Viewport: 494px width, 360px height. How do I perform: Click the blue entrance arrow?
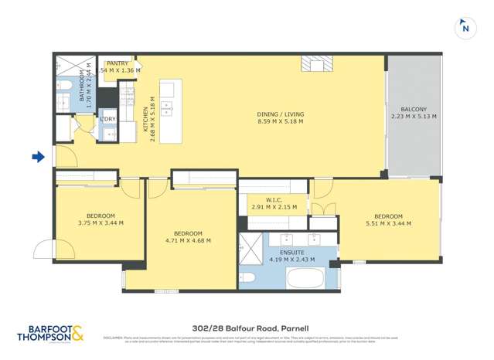[x=38, y=158]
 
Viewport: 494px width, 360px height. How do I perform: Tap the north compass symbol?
[x=465, y=28]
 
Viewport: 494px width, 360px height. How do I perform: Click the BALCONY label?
[x=414, y=110]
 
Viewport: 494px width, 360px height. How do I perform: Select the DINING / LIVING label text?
[x=280, y=115]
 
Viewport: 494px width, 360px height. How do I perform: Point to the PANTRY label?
[x=118, y=64]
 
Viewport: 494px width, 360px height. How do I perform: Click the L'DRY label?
[x=107, y=119]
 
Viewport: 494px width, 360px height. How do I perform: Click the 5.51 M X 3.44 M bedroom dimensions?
[x=388, y=223]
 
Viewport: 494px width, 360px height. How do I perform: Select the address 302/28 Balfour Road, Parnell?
[x=247, y=328]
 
